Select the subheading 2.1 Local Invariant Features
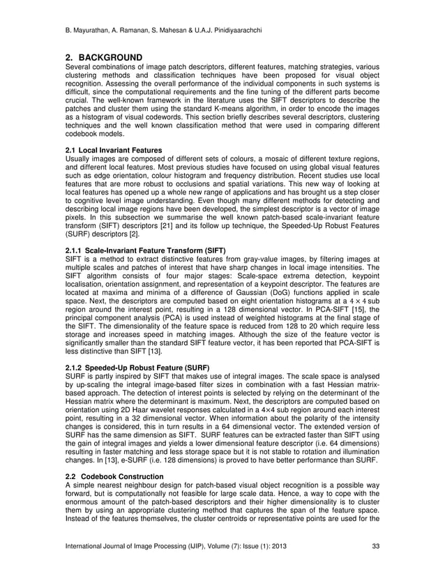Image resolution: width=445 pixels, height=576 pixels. click(x=108, y=151)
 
